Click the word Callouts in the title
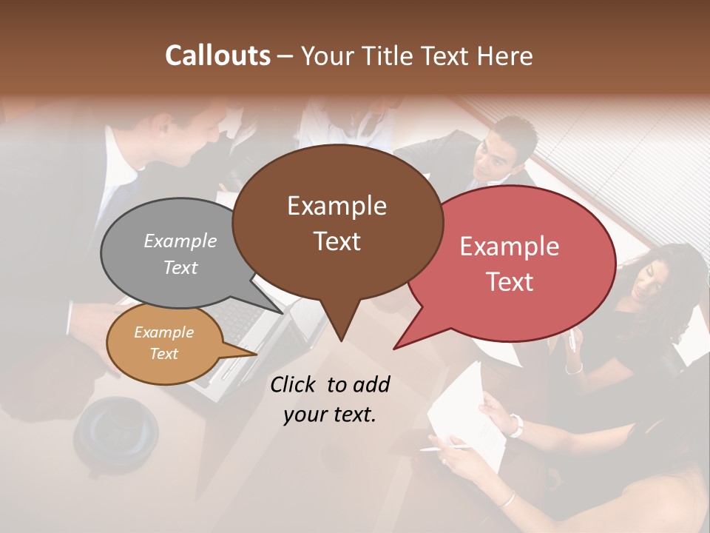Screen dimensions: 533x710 tap(217, 56)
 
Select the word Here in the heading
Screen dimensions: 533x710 tap(506, 56)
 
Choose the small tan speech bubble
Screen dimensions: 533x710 tap(164, 343)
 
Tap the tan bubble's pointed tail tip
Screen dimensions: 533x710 tap(255, 354)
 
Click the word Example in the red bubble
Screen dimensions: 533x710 tap(510, 247)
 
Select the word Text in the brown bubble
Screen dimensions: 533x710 tap(337, 241)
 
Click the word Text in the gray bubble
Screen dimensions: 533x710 tap(180, 267)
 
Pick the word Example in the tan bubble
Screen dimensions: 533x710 tap(163, 332)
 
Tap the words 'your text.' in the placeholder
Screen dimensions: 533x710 tap(330, 415)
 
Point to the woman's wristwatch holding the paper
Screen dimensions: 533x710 tap(515, 425)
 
